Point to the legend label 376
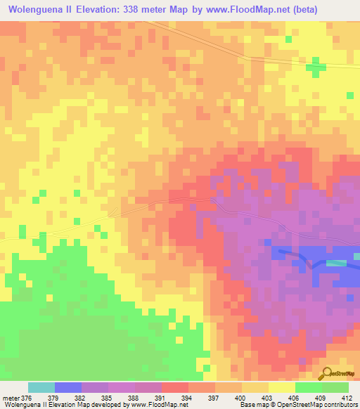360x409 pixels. pos(28,398)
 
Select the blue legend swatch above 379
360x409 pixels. pos(68,387)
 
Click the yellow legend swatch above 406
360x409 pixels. pos(282,387)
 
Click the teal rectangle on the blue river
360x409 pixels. pos(336,263)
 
